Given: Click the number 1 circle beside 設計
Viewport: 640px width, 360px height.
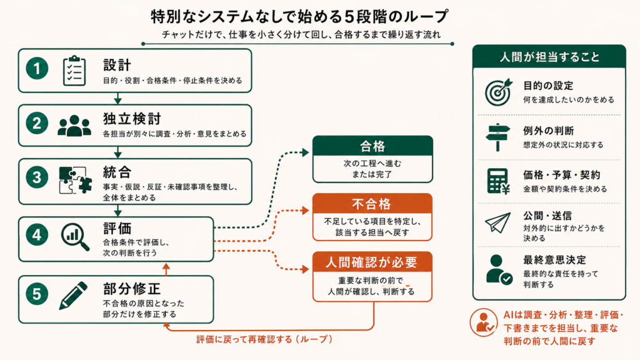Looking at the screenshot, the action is coord(37,69).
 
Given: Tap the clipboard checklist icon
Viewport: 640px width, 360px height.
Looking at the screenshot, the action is coord(74,71).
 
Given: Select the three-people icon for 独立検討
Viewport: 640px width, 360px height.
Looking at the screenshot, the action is coord(74,125).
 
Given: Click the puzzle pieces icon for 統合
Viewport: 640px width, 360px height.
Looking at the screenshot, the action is coord(75,180).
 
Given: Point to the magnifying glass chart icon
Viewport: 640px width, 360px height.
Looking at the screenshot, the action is coord(76,237).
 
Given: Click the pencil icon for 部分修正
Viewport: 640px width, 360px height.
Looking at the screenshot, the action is coord(74,296).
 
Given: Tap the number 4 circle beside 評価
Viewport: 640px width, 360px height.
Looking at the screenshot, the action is coord(37,235).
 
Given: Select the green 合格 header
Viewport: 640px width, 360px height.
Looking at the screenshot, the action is coord(372,146).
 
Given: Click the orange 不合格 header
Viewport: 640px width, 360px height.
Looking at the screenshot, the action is coord(372,204).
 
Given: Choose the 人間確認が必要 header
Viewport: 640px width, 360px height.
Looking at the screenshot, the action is coord(372,262).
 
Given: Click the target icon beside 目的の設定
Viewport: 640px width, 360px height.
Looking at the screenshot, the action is coord(498,92).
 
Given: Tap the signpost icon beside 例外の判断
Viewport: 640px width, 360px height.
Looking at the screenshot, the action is coord(498,137).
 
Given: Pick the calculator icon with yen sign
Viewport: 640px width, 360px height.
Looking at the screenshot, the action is coord(498,181).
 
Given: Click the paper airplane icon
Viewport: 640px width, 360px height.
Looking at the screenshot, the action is coord(498,222).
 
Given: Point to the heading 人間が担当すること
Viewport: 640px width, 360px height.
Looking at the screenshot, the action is coord(549,57).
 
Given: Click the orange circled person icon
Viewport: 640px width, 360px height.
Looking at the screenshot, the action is coord(484,322).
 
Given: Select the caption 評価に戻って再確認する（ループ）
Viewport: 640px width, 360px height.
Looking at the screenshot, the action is coord(264,339).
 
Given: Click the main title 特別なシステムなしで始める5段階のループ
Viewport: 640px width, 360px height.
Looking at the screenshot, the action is coord(299,16).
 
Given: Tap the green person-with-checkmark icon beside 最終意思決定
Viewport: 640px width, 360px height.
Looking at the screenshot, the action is coord(499,269).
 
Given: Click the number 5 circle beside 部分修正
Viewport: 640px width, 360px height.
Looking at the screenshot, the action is coord(37,294).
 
